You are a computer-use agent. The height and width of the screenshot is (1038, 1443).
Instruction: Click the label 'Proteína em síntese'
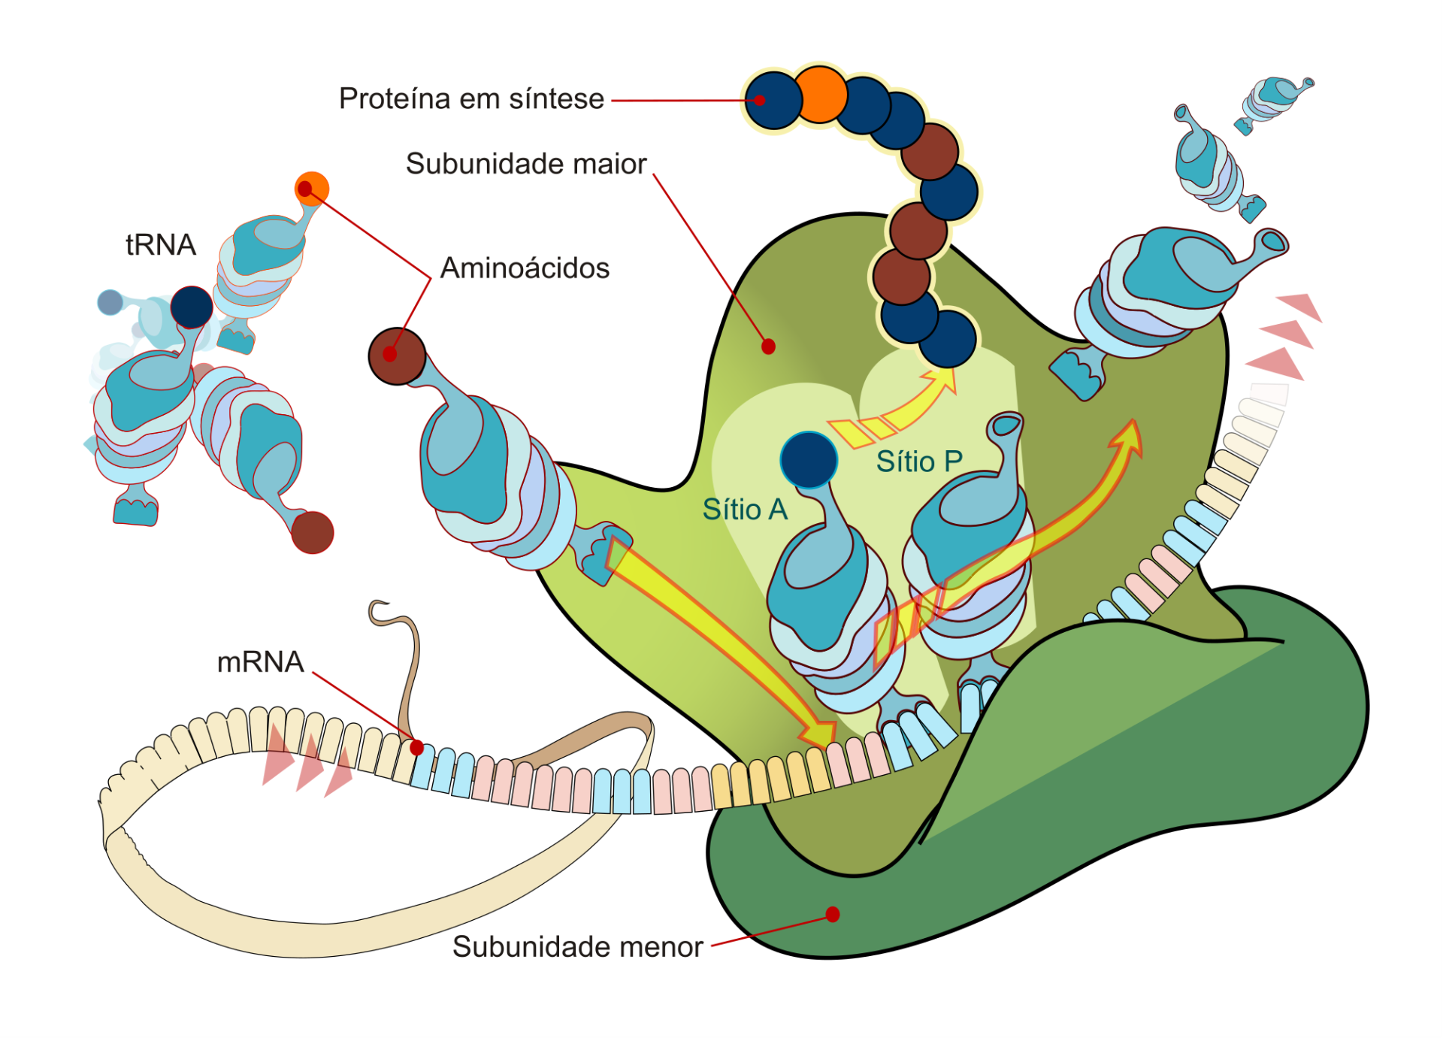[471, 99]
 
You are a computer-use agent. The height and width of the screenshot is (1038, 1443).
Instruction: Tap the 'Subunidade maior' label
[526, 164]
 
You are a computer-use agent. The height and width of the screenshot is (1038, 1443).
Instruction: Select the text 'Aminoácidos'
[525, 268]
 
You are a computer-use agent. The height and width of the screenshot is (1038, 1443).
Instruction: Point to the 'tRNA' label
[160, 245]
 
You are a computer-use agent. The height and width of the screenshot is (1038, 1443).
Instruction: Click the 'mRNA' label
[260, 662]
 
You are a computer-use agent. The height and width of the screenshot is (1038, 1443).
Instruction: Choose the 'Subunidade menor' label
[577, 947]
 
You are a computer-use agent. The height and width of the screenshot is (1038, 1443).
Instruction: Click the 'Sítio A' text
[745, 510]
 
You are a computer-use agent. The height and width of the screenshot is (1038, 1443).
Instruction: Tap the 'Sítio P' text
[919, 462]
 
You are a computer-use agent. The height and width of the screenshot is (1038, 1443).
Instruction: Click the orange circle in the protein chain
[820, 95]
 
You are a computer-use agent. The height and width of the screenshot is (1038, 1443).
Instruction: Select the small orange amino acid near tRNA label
[312, 188]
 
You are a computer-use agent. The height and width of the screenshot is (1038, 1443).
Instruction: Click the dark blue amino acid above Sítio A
[809, 460]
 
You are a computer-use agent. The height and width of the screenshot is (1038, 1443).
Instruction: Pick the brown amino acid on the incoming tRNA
[397, 356]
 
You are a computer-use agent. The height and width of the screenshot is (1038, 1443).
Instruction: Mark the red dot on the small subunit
[833, 914]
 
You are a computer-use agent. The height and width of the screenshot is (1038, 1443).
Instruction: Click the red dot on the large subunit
[768, 347]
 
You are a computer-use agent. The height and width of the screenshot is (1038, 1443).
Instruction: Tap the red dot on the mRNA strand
[417, 748]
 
